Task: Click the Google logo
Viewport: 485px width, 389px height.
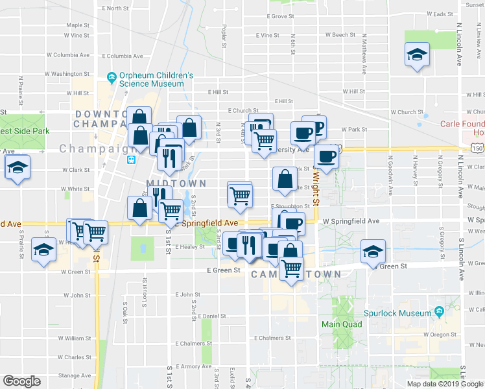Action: (x=22, y=381)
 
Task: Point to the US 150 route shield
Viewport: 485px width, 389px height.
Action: (x=478, y=149)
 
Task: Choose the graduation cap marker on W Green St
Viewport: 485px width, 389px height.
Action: (x=373, y=251)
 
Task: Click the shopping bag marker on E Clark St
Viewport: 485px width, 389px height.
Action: (x=285, y=180)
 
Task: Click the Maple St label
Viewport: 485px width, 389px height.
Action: (x=78, y=25)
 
